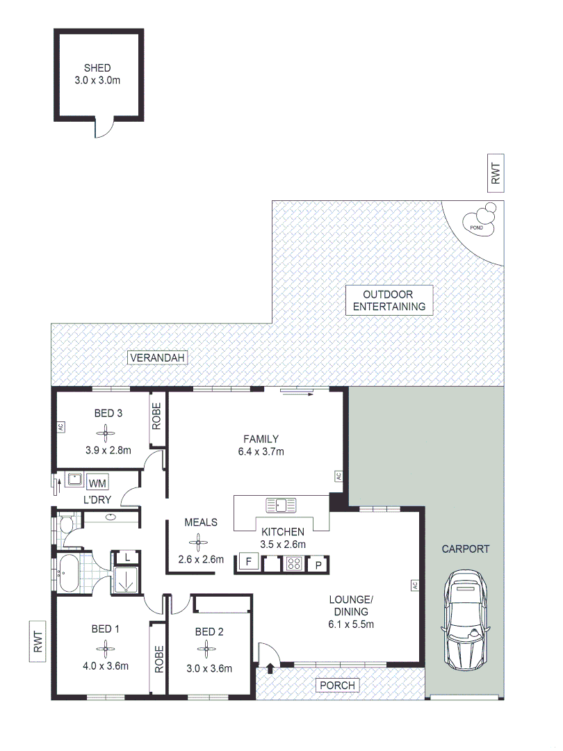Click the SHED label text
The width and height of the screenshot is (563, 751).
pyautogui.click(x=98, y=68)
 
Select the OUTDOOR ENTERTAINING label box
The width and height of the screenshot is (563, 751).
pyautogui.click(x=389, y=300)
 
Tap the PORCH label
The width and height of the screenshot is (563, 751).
pyautogui.click(x=337, y=686)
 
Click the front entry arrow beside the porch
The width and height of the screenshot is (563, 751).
pyautogui.click(x=270, y=669)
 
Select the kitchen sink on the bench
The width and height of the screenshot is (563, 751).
pyautogui.click(x=281, y=503)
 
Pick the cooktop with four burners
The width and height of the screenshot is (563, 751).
pyautogui.click(x=295, y=564)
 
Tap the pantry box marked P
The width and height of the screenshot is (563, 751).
pyautogui.click(x=318, y=564)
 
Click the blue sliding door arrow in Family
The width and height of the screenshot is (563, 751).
pyautogui.click(x=297, y=391)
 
